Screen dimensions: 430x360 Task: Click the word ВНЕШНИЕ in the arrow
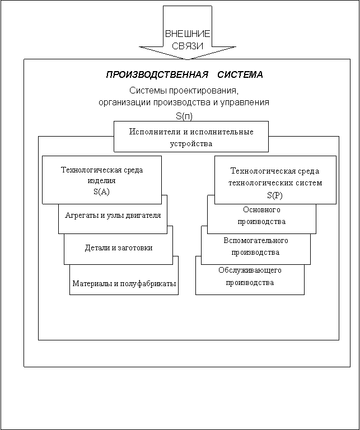pyautogui.click(x=187, y=35)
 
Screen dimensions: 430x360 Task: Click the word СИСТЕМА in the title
pyautogui.click(x=240, y=74)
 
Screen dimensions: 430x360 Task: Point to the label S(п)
pyautogui.click(x=184, y=116)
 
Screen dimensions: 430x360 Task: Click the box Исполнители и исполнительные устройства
pyautogui.click(x=191, y=137)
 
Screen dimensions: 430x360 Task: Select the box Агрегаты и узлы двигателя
pyautogui.click(x=113, y=216)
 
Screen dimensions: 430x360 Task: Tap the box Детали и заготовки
pyautogui.click(x=118, y=247)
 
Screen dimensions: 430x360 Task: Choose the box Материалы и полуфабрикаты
pyautogui.click(x=124, y=283)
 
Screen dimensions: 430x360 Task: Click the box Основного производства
pyautogui.click(x=261, y=216)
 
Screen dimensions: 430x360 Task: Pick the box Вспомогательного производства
pyautogui.click(x=256, y=246)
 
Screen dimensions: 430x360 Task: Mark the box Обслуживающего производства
pyautogui.click(x=250, y=277)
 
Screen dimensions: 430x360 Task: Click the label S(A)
pyautogui.click(x=102, y=192)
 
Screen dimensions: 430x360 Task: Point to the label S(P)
pyautogui.click(x=275, y=195)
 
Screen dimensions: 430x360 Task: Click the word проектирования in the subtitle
pyautogui.click(x=207, y=91)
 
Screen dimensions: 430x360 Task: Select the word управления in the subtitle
pyautogui.click(x=244, y=102)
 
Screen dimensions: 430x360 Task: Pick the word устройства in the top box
pyautogui.click(x=191, y=143)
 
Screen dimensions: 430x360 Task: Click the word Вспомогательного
pyautogui.click(x=256, y=241)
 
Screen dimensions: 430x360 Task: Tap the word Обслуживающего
pyautogui.click(x=250, y=270)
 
